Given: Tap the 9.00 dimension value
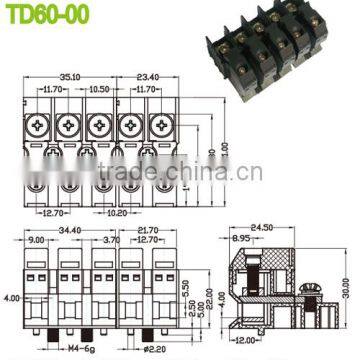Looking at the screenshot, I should (37, 241).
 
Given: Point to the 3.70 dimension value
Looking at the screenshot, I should (111, 241).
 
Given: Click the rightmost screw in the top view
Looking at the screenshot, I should (157, 128).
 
